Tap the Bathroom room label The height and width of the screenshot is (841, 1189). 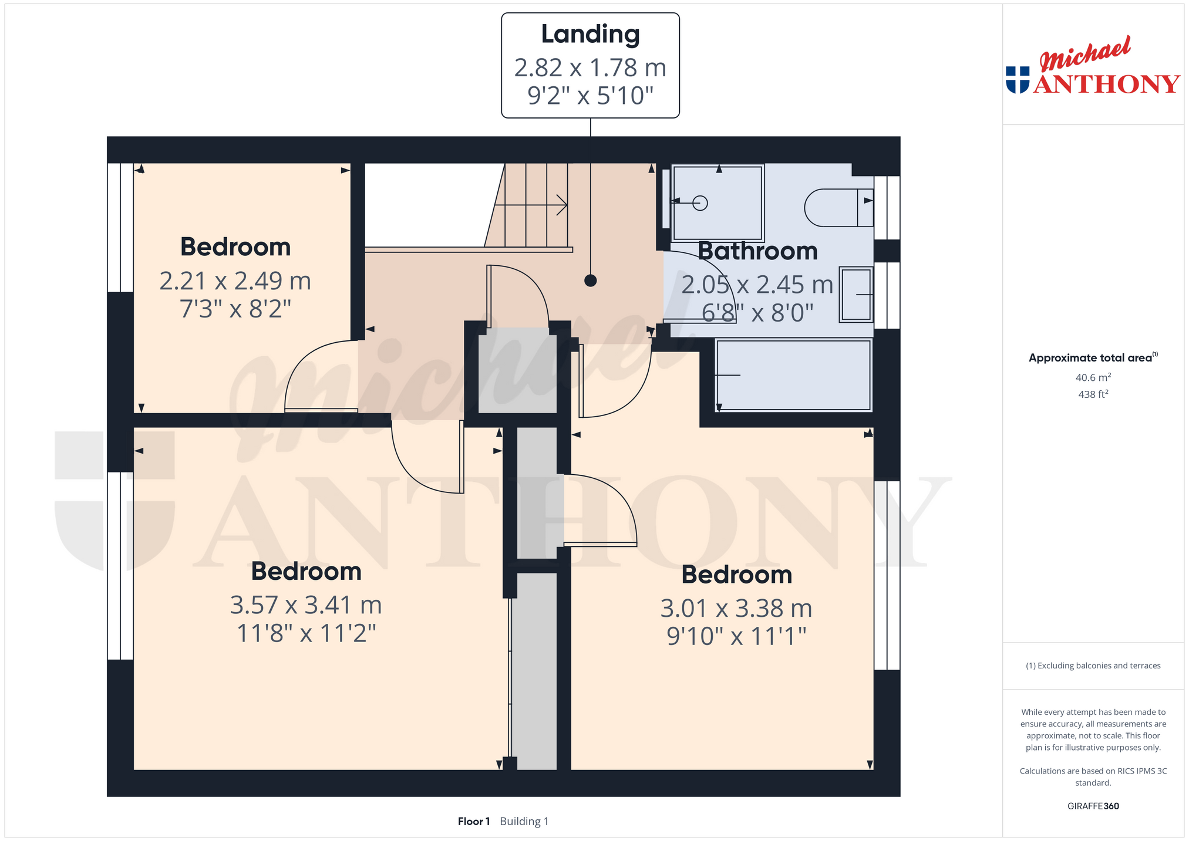pos(757,251)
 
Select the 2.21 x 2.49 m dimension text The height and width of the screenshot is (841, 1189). pos(235,281)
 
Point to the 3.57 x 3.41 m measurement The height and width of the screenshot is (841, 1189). pos(306,605)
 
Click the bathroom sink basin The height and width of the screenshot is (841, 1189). pos(856,295)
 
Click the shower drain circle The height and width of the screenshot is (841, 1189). pos(700,203)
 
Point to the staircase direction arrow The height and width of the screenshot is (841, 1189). pos(531,205)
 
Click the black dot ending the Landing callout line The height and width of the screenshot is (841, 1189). pos(591,281)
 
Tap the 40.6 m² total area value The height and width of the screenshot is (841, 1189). pos(1093,377)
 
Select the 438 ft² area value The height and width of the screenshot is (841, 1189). pos(1093,394)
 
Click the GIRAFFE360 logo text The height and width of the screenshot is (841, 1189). pos(1093,806)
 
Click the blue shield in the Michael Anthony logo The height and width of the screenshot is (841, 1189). pos(1018,80)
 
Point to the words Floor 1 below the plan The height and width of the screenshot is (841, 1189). pos(474,822)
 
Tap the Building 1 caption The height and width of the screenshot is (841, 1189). pos(524,822)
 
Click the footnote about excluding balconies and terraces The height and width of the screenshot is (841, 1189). pos(1093,666)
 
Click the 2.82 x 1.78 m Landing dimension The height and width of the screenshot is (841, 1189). pos(590,68)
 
